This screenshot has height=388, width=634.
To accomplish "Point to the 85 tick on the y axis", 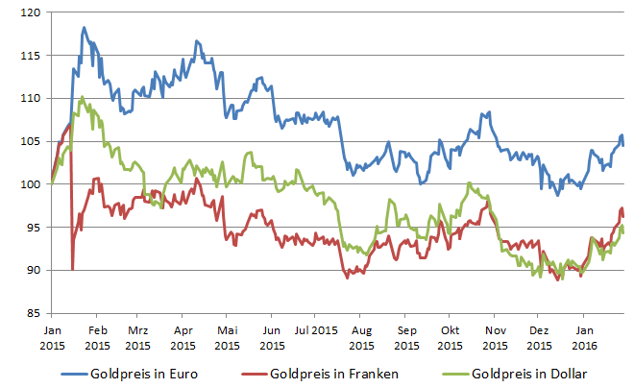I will click(32, 313).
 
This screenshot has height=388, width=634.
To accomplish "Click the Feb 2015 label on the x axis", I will click(96, 335).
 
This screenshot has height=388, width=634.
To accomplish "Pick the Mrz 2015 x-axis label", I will click(138, 335).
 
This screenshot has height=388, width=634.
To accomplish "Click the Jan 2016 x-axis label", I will click(584, 335).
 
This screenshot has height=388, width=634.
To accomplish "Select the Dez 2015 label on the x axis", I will click(540, 335).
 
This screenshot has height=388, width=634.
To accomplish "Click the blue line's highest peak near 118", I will click(84, 28).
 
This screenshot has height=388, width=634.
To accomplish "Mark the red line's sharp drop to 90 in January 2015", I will click(73, 269).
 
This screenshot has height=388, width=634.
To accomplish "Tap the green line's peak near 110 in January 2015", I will click(82, 97).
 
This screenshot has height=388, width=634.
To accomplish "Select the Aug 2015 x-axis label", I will click(362, 335).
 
